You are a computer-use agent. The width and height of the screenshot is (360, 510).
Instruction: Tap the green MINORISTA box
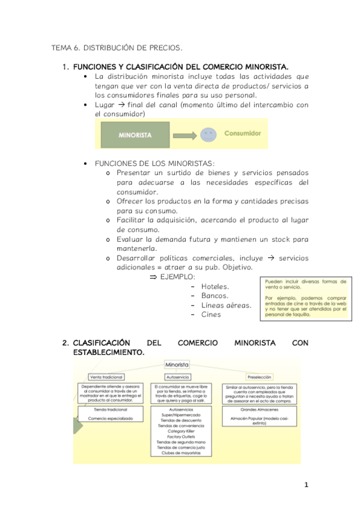pyautogui.click(x=135, y=135)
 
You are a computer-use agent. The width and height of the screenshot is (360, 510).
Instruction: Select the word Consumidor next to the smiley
pyautogui.click(x=242, y=132)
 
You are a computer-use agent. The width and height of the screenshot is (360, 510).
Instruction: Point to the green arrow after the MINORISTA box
pyautogui.click(x=184, y=135)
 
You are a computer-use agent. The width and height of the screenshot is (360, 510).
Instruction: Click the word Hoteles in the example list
pyautogui.click(x=215, y=286)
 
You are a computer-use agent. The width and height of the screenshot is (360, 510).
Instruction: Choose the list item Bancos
pyautogui.click(x=215, y=295)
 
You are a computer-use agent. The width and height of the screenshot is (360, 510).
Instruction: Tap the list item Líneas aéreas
pyautogui.click(x=227, y=305)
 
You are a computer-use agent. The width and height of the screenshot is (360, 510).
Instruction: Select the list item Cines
pyautogui.click(x=211, y=314)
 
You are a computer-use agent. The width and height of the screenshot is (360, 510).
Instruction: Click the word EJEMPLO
pyautogui.click(x=177, y=277)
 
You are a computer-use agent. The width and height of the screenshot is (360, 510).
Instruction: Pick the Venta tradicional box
pyautogui.click(x=106, y=377)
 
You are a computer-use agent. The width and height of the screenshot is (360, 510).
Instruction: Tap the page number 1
pyautogui.click(x=306, y=485)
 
